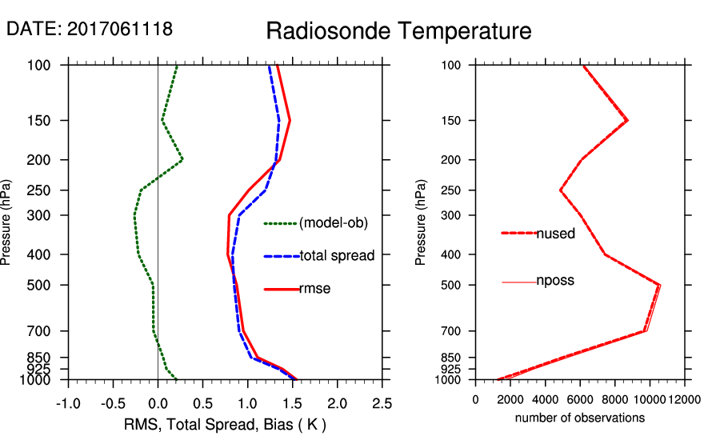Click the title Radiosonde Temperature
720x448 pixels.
click(x=398, y=31)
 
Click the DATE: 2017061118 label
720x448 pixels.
click(x=90, y=30)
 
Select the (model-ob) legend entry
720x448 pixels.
click(x=334, y=223)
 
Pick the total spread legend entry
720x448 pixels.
click(x=337, y=256)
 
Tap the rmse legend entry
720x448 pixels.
click(x=314, y=288)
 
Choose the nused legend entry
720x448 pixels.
click(x=555, y=233)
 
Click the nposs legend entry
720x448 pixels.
click(x=555, y=281)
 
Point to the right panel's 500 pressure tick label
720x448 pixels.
click(x=452, y=285)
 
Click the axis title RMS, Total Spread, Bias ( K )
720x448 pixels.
click(x=225, y=423)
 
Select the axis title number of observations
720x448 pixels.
click(x=580, y=418)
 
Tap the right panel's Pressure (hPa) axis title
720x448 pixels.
click(x=422, y=223)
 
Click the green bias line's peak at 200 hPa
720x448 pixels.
click(x=182, y=160)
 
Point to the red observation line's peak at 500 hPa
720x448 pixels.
click(x=660, y=285)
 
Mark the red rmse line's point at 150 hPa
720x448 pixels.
click(x=290, y=121)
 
